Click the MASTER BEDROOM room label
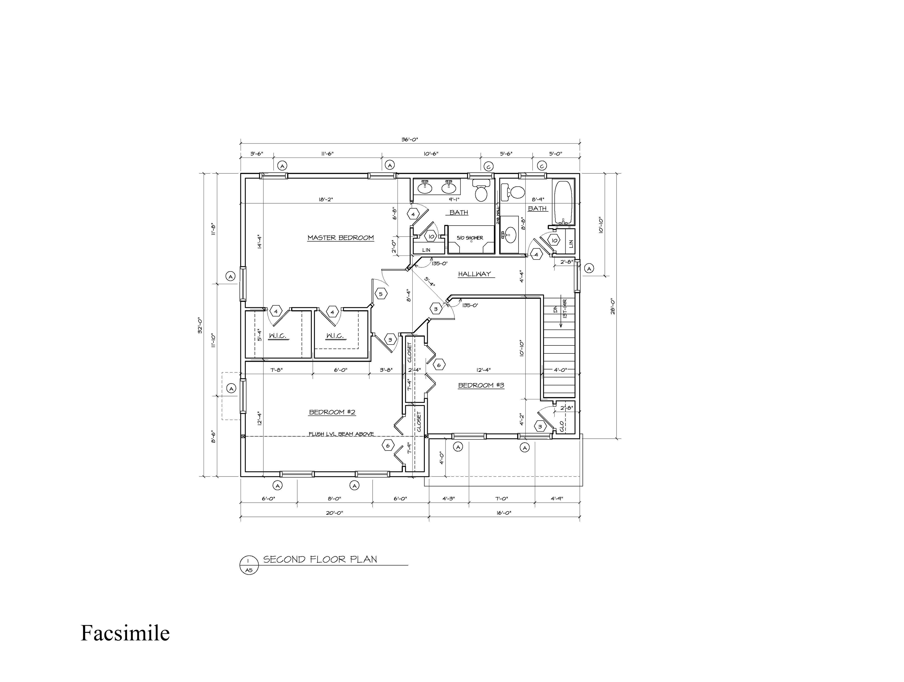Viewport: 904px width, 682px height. coord(340,237)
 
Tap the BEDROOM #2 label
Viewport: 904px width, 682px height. coord(332,412)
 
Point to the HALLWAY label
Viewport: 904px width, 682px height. coord(474,274)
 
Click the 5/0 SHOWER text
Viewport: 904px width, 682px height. coord(470,238)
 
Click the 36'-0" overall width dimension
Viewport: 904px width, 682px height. coord(409,139)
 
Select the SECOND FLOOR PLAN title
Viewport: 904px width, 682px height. coord(320,559)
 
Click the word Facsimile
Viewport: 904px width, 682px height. coord(125,633)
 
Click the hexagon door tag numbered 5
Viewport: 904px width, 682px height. coord(380,294)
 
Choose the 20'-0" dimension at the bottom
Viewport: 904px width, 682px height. coord(334,513)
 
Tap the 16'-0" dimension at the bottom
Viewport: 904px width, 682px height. coord(504,513)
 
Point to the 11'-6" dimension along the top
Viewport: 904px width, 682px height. coord(327,154)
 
